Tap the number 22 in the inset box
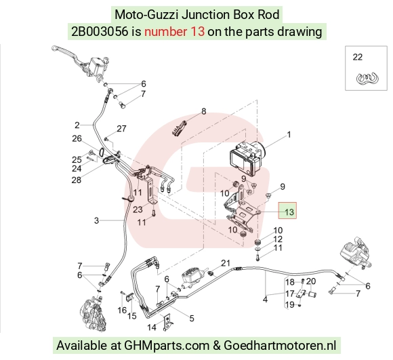pos(357,57)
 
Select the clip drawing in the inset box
pos(367,78)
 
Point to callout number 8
pos(204,111)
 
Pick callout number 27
pos(121,129)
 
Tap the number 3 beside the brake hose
pos(96,220)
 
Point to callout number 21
pos(226,263)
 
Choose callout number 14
pos(152,327)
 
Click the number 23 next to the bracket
pos(138,209)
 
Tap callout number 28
pos(77,180)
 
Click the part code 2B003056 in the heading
pos(100,32)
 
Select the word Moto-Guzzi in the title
pos(146,15)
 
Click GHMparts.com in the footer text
pos(167,346)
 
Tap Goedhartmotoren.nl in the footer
pos(280,345)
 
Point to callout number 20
pos(311,281)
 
